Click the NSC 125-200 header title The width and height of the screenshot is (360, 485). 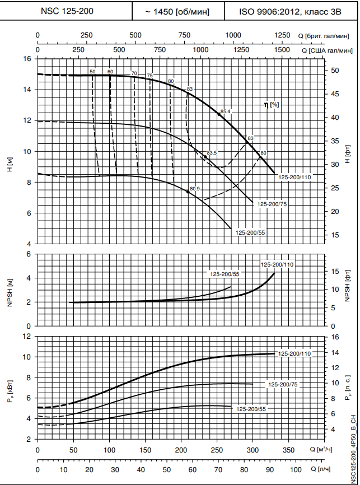(66, 10)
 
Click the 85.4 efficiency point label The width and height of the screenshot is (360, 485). (225, 111)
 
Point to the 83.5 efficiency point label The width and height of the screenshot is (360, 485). (211, 153)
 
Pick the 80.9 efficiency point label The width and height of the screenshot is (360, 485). (195, 188)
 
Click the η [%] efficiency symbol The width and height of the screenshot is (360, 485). (272, 104)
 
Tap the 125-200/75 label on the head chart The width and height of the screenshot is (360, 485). (272, 204)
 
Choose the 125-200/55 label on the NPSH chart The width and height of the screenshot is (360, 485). (225, 274)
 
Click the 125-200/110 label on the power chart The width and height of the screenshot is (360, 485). (294, 353)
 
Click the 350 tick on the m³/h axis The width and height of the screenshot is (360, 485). (288, 449)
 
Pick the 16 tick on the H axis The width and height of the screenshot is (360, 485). (26, 58)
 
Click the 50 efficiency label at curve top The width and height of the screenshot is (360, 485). (92, 72)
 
